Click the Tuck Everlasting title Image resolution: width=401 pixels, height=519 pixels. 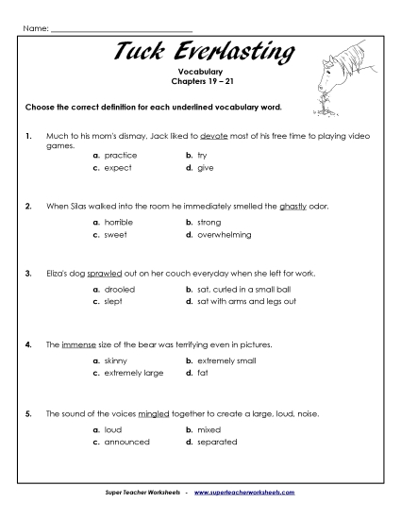200,53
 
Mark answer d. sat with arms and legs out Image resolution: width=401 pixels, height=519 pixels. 241,302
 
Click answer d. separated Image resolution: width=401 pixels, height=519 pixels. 212,442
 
